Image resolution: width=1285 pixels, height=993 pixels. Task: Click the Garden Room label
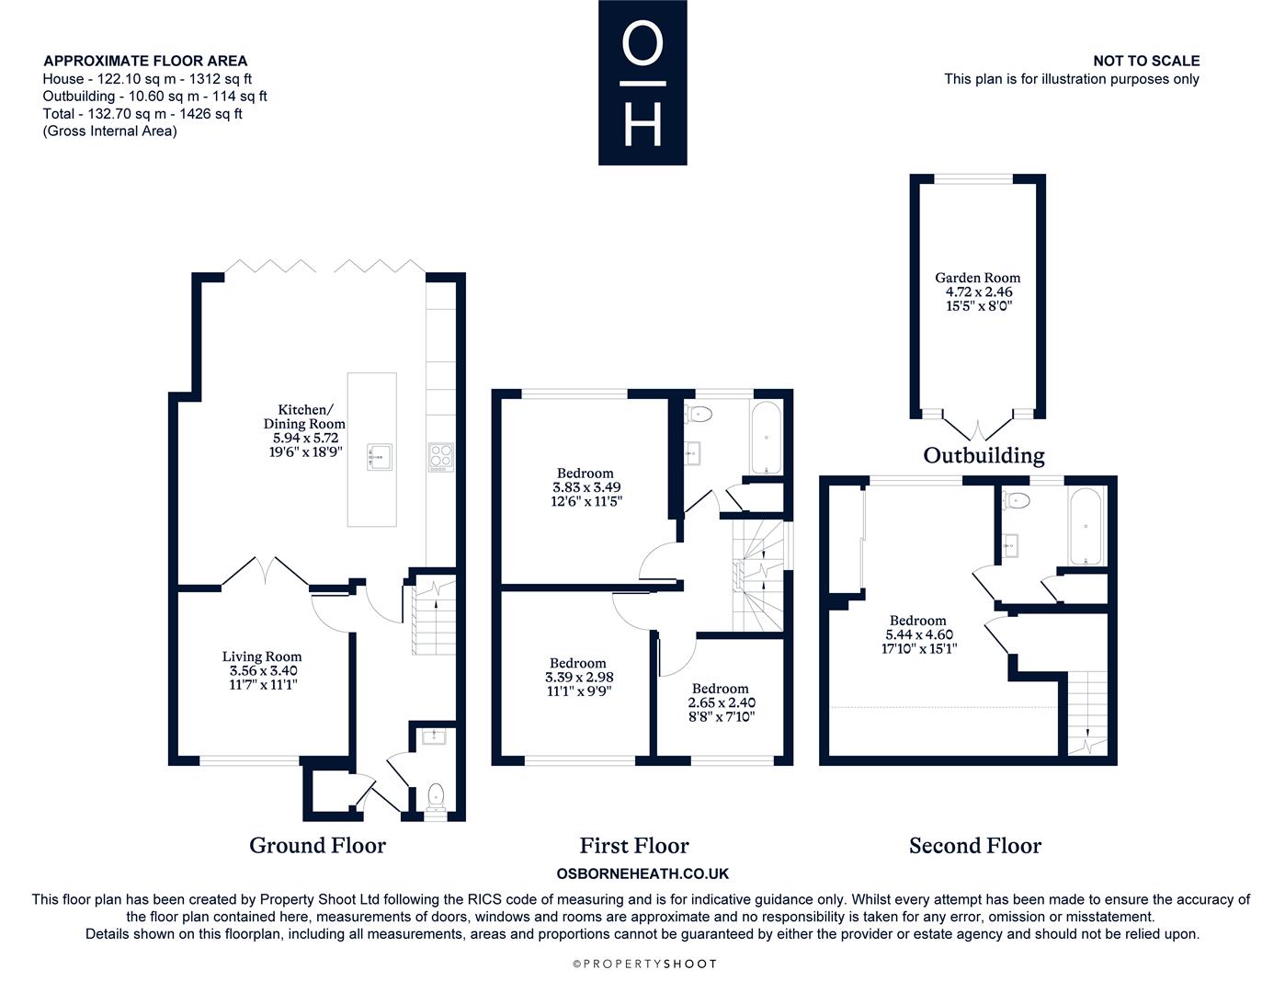(x=977, y=278)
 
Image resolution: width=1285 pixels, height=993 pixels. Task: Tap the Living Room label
(x=262, y=656)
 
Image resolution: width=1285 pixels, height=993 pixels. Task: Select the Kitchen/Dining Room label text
(x=304, y=417)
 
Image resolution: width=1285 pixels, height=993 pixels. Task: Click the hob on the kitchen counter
(x=441, y=457)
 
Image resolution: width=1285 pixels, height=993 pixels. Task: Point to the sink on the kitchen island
(x=379, y=457)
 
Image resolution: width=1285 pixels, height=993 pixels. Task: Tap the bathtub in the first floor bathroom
(x=767, y=438)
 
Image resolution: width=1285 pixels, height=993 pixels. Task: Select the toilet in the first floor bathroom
(x=698, y=414)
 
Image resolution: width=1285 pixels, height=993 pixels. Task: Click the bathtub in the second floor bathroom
(x=1086, y=527)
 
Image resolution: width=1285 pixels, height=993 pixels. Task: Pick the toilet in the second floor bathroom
(x=1016, y=501)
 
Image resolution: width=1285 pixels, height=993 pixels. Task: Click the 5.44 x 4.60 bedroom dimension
(x=919, y=634)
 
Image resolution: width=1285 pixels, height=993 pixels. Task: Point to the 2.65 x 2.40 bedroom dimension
(x=722, y=702)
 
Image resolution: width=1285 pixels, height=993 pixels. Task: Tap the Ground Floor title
(x=317, y=846)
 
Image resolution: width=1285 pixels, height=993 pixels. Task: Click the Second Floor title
(x=975, y=846)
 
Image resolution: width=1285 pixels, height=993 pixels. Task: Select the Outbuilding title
(x=984, y=455)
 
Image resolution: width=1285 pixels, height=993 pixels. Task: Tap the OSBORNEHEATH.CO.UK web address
(x=642, y=873)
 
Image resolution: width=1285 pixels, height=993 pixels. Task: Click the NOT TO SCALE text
(x=1146, y=61)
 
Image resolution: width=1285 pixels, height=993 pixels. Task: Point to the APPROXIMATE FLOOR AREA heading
(x=145, y=61)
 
